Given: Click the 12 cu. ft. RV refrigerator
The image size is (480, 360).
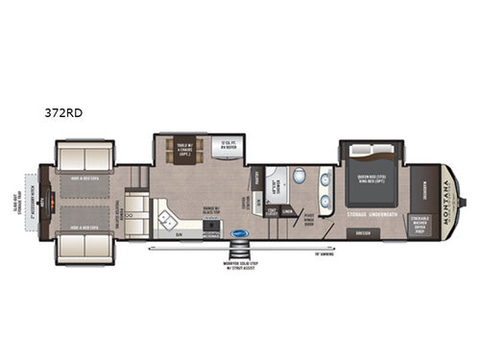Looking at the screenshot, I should [228, 146].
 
